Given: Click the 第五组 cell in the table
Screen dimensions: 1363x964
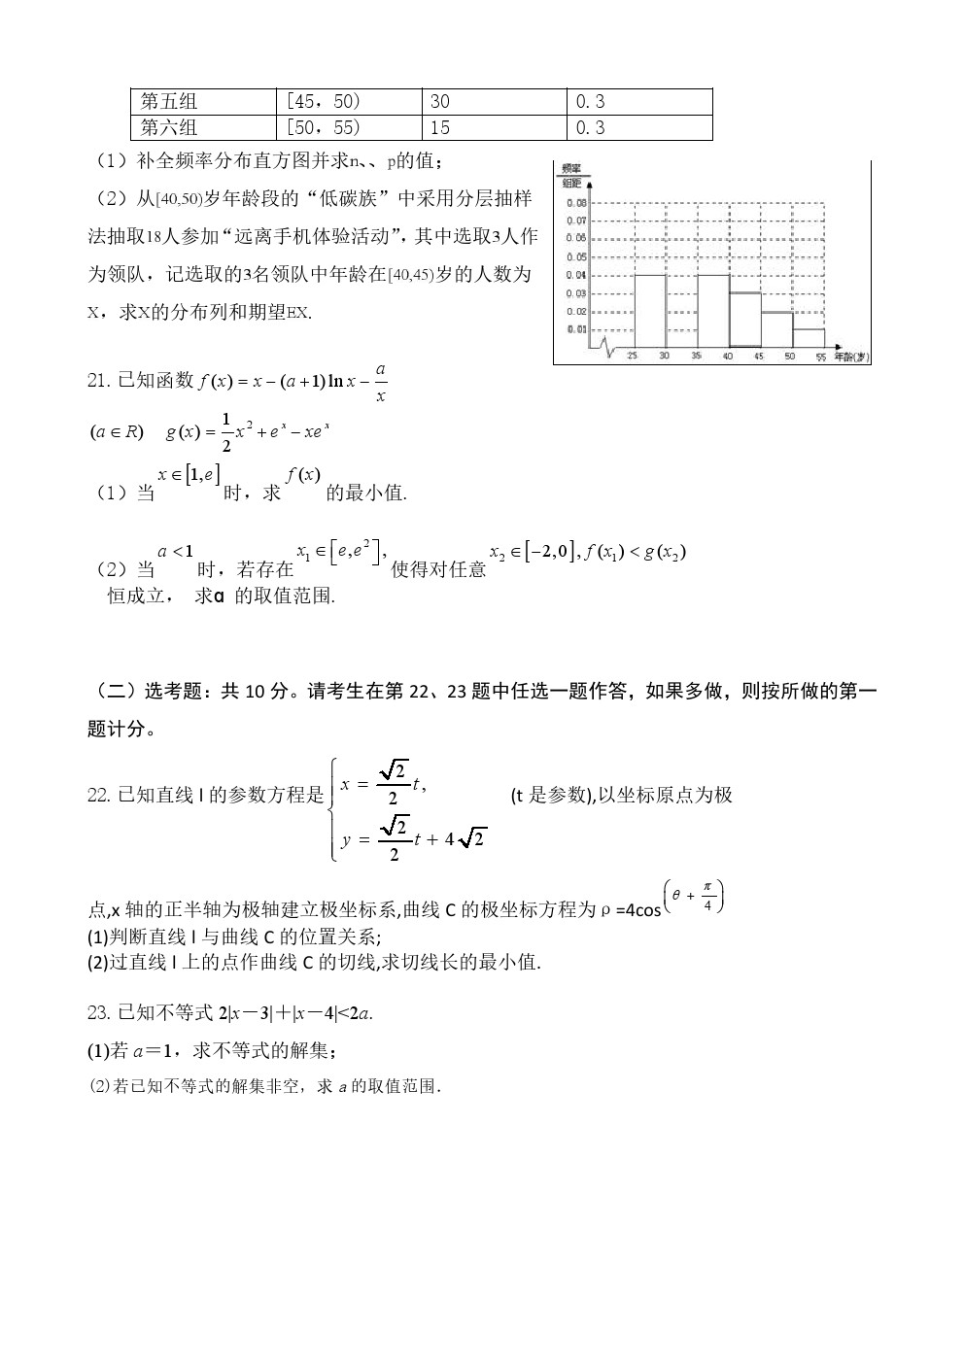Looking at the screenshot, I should coord(169,102).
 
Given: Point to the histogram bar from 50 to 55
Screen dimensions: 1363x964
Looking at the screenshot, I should coord(809,337).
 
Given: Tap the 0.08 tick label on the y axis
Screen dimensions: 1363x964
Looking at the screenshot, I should coord(576,204).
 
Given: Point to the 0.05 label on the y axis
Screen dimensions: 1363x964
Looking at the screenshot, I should coord(576,257).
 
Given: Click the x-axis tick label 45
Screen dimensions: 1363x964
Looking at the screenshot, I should coord(759,357).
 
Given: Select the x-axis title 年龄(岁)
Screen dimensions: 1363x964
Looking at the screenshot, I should coord(850,358).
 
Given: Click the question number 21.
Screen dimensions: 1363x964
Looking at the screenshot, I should coord(98,381).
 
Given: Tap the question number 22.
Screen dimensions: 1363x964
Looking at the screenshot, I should coord(98,796).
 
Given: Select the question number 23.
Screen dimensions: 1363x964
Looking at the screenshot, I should coord(98,1014).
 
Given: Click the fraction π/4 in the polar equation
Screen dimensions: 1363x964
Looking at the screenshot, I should coord(707,895).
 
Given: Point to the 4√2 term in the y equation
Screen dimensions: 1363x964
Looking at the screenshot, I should coord(465,838).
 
